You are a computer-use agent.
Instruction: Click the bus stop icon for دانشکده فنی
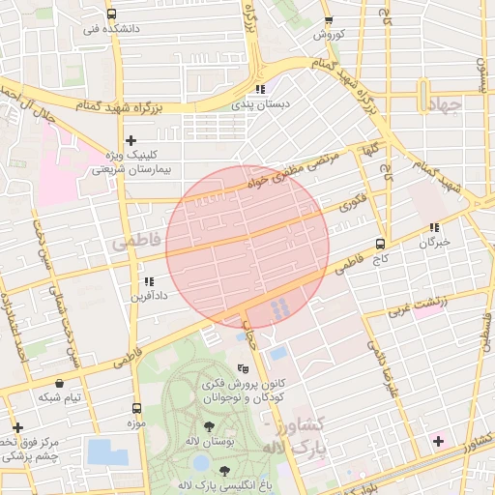tap(111, 15)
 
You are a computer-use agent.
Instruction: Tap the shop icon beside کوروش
tap(329, 20)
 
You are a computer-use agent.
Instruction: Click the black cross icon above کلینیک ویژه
tap(131, 141)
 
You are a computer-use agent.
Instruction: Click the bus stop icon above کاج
tap(380, 245)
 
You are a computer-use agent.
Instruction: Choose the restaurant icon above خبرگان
tap(434, 228)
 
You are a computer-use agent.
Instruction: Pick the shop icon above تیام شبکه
tap(60, 383)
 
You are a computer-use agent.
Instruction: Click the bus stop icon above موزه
tap(135, 408)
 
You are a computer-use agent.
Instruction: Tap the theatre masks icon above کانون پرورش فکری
tap(243, 368)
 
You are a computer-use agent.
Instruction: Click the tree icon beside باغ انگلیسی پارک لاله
tap(224, 471)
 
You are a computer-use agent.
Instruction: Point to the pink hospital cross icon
tap(440, 441)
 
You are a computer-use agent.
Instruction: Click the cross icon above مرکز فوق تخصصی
tap(16, 427)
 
